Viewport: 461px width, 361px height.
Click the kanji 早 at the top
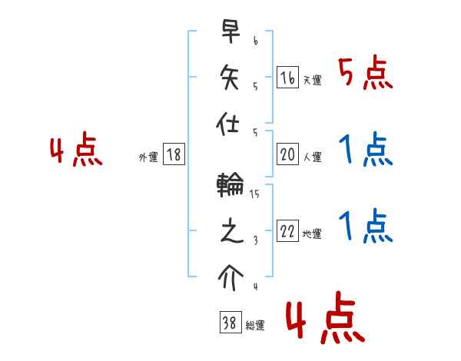tap(230, 33)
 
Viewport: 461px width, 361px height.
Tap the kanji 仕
tap(230, 121)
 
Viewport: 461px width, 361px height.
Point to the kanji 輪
tap(230, 184)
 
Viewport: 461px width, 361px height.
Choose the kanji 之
tap(230, 230)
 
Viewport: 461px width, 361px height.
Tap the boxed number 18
tap(173, 154)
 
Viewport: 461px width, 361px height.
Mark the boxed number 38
tap(228, 323)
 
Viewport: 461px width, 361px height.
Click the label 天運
tap(312, 80)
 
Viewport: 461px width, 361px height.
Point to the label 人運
tap(312, 157)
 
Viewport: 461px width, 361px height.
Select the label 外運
tap(148, 157)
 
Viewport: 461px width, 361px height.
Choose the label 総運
tap(255, 326)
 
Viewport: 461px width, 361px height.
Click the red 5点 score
tap(365, 74)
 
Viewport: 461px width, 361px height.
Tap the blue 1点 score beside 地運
tap(365, 226)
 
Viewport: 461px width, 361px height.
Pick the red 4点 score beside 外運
tap(76, 151)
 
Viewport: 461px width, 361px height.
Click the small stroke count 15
tap(254, 194)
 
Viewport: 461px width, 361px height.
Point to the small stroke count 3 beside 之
tap(254, 240)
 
